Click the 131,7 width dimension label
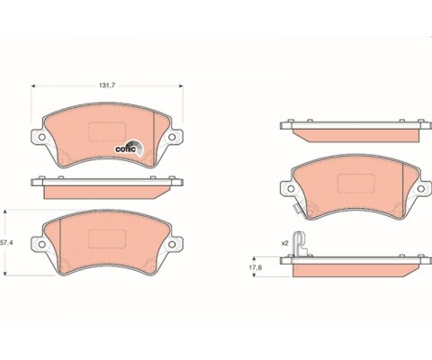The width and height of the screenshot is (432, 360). coord(107,85)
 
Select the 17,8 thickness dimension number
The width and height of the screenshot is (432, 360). coord(256,267)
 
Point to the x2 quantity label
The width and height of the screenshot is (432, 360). coord(284,243)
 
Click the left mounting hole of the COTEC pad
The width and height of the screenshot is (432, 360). coord(42,137)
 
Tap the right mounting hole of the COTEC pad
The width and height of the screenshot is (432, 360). coord(172,137)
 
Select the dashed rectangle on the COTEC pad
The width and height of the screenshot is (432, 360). coord(107,131)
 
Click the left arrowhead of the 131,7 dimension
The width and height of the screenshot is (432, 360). coord(33,86)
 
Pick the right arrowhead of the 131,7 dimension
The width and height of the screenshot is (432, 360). coord(181,86)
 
